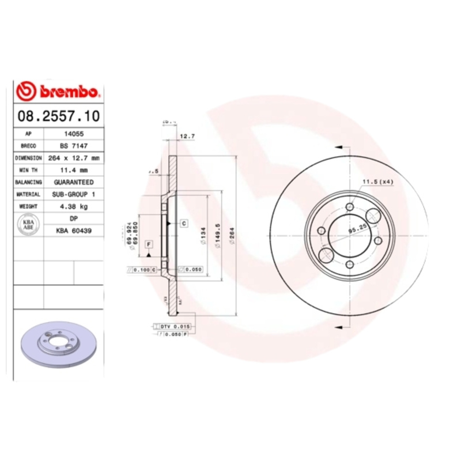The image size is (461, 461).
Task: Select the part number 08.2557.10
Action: pos(58,116)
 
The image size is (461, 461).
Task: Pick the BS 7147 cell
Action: pos(74,146)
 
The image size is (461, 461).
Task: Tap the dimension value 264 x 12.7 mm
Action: pos(74,158)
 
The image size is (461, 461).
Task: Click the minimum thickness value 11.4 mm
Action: pos(74,170)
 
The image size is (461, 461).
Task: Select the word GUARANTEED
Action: pos(74,182)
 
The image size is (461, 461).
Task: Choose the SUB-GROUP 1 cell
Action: pos(74,194)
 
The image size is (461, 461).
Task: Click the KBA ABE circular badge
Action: pos(28,224)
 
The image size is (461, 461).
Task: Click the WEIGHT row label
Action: pos(28,206)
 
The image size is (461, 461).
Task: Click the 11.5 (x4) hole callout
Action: pos(377,183)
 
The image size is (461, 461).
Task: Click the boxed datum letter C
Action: pos(183,223)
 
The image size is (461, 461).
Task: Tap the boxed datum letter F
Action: pos(149,244)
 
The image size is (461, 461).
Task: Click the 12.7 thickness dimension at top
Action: pos(185,137)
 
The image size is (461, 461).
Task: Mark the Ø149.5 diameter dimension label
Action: pos(218,235)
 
